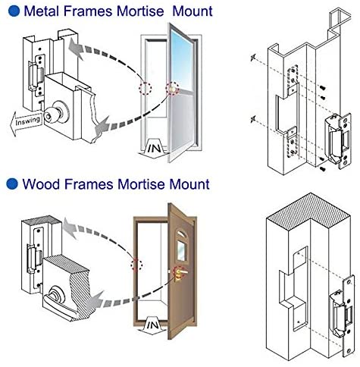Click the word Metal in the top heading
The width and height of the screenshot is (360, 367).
(x=42, y=11)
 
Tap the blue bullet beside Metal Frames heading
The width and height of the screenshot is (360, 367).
(x=14, y=11)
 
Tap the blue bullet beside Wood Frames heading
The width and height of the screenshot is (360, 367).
(x=12, y=183)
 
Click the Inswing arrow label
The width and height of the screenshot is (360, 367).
(x=27, y=122)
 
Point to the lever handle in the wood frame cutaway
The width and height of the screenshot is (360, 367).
(x=58, y=302)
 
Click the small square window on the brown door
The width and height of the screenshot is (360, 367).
(x=181, y=251)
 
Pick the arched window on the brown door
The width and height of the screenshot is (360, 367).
(x=180, y=233)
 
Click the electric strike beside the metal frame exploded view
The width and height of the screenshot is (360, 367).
(x=338, y=140)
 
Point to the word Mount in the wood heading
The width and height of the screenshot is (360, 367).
(x=189, y=184)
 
